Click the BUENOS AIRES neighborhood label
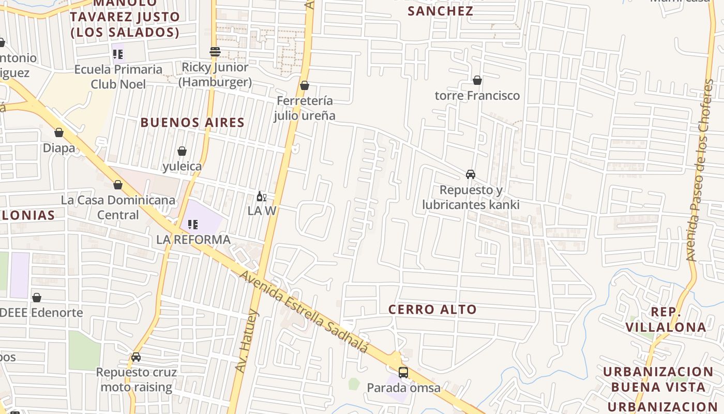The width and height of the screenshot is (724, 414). tap(192, 123)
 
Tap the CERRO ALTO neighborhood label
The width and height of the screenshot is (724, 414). tap(432, 309)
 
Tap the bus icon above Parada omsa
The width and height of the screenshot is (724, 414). tap(403, 372)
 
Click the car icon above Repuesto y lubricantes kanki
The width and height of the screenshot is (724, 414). tap(471, 174)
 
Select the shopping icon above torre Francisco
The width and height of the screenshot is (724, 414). tap(477, 80)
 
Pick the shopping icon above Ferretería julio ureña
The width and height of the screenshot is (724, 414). tap(305, 85)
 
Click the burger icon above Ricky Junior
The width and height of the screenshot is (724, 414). tap(215, 52)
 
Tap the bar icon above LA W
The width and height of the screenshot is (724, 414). tap(261, 196)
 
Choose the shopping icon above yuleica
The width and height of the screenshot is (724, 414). tap(182, 151)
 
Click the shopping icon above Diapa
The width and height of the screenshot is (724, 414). tap(59, 133)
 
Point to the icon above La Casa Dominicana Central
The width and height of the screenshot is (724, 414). tap(118, 185)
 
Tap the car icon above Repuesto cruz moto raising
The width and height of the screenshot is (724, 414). tap(136, 357)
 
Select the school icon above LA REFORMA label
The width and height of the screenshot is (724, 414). tap(193, 225)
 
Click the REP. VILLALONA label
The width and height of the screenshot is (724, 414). tap(666, 319)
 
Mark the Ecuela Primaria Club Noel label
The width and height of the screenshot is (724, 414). tap(118, 77)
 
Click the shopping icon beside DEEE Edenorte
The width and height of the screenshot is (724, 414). tap(37, 298)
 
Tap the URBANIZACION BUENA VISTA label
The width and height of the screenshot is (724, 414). tap(658, 379)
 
